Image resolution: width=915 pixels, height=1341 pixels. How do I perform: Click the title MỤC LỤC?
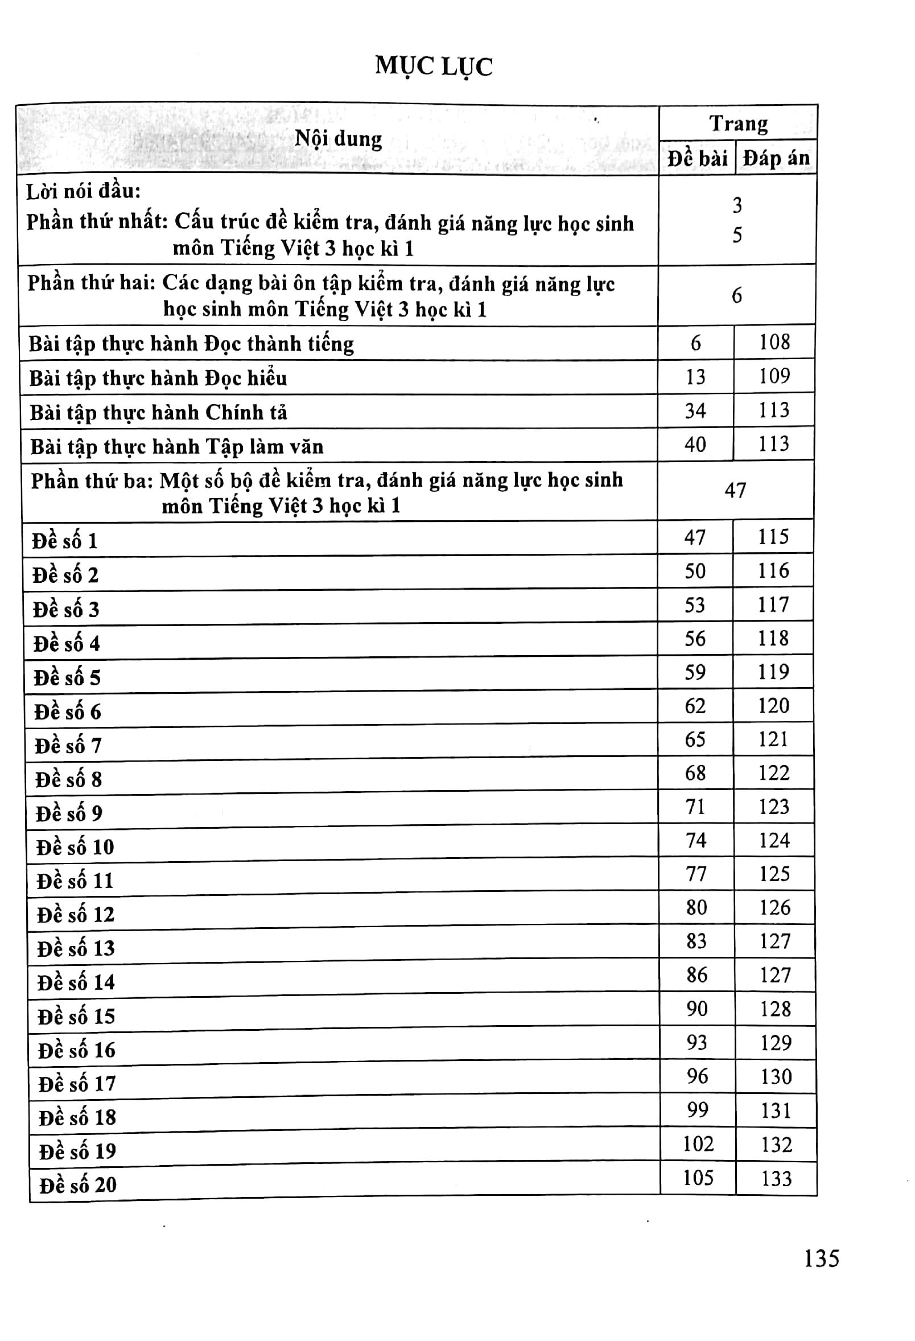click(x=434, y=67)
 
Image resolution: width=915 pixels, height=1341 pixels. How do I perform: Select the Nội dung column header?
click(x=338, y=139)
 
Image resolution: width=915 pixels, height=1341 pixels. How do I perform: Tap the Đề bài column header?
click(x=697, y=158)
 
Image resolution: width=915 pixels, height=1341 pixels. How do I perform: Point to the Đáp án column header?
click(x=776, y=158)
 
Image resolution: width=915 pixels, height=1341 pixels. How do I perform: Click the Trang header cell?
click(x=739, y=124)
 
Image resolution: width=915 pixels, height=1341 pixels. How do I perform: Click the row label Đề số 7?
click(x=68, y=746)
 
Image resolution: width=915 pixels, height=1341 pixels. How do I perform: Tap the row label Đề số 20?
click(x=77, y=1184)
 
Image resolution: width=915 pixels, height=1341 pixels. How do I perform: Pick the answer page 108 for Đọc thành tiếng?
click(x=774, y=342)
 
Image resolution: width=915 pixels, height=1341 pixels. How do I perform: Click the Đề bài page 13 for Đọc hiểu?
click(x=695, y=377)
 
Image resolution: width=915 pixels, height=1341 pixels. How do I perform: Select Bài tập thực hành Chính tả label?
click(x=158, y=413)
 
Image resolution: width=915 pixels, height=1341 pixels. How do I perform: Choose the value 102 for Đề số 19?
click(x=698, y=1143)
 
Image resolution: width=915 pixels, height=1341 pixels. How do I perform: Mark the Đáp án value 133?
click(x=776, y=1178)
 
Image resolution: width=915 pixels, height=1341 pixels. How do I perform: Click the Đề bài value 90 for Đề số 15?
click(x=697, y=1009)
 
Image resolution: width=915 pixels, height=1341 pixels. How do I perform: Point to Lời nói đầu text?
click(x=84, y=191)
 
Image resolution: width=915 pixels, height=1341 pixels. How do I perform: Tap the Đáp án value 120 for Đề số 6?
click(x=774, y=705)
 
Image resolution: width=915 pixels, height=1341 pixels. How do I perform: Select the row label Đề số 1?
click(x=65, y=541)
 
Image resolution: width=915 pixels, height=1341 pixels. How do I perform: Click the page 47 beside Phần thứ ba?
click(x=736, y=491)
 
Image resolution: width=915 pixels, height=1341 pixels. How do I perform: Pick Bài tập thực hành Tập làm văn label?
click(x=176, y=447)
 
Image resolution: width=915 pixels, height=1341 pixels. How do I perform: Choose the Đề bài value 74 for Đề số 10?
click(x=696, y=840)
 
